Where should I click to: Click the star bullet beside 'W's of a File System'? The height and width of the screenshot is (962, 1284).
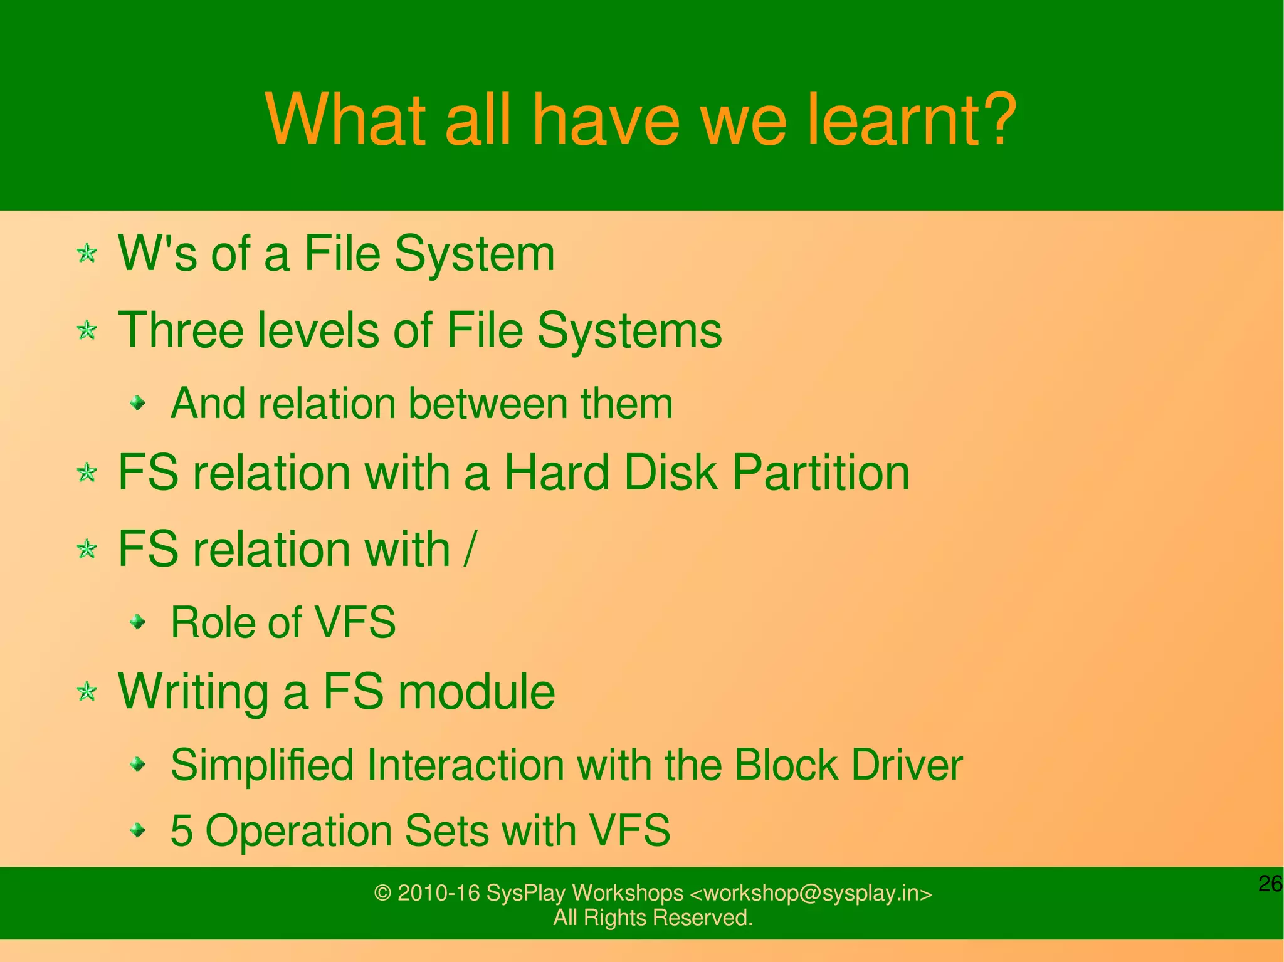pos(87,254)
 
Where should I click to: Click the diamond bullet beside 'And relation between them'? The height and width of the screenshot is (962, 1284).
pos(138,403)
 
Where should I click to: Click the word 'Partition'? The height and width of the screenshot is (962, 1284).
pos(821,473)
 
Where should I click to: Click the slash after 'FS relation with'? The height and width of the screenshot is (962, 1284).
pos(470,549)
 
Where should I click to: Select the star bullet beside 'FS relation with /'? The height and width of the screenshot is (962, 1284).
pos(87,550)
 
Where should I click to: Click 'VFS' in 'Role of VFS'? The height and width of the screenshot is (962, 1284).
pos(354,622)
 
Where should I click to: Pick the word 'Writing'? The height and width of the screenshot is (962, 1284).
pos(193,692)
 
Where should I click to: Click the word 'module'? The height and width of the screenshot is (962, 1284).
pos(476,692)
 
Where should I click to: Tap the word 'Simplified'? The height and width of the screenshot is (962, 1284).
pos(262,765)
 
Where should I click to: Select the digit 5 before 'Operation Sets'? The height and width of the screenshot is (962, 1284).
pos(181,831)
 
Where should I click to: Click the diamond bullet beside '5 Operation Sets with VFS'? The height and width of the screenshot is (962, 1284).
pos(138,831)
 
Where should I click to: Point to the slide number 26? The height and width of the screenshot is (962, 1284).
pos(1270,884)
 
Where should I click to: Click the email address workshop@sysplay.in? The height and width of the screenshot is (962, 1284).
pos(811,893)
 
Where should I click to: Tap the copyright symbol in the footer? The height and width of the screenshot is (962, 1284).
pos(382,893)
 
